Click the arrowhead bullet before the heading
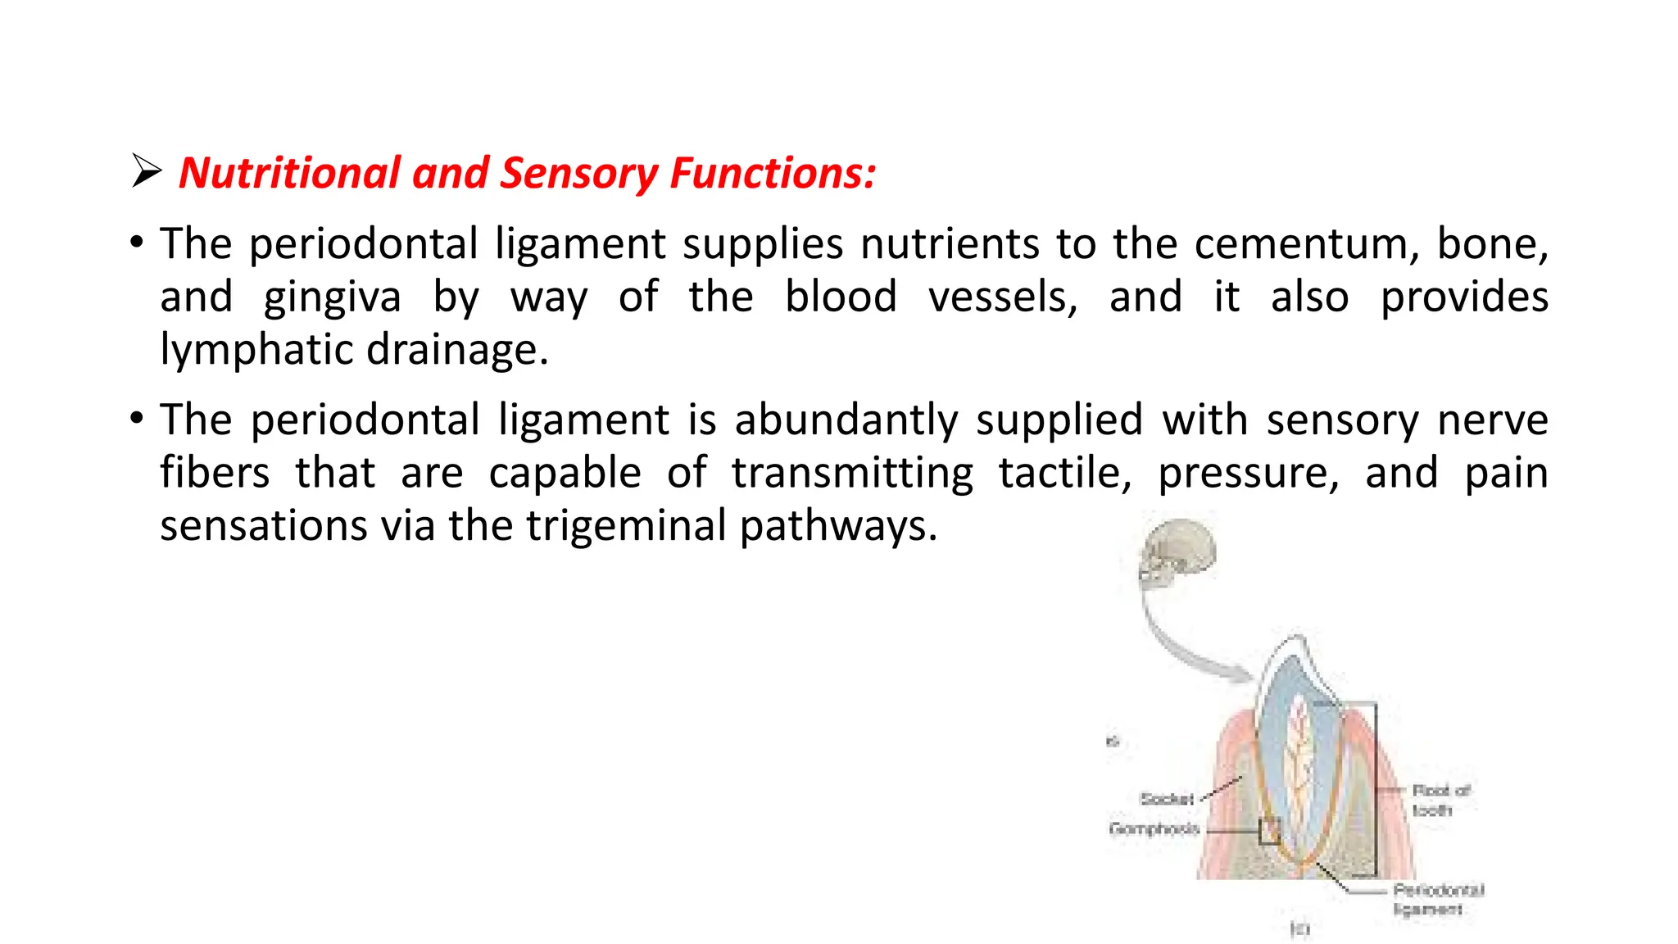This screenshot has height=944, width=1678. click(x=147, y=171)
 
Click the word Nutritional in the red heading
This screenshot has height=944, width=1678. click(x=289, y=173)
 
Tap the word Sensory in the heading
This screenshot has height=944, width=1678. click(x=578, y=173)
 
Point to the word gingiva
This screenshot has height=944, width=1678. click(x=332, y=298)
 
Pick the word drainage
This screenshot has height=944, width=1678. click(x=456, y=350)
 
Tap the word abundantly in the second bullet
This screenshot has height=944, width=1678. click(x=846, y=420)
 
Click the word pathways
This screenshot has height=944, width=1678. click(x=837, y=525)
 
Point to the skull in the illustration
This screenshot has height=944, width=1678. click(x=1177, y=553)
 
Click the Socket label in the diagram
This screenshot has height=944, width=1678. click(x=1167, y=798)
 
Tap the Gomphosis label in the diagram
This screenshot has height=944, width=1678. click(x=1154, y=828)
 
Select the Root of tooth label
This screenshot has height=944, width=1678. click(x=1440, y=800)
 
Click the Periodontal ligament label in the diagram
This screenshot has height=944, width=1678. click(x=1437, y=899)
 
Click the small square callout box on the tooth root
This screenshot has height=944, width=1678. click(x=1269, y=831)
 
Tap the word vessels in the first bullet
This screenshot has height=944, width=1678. click(x=1002, y=297)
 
